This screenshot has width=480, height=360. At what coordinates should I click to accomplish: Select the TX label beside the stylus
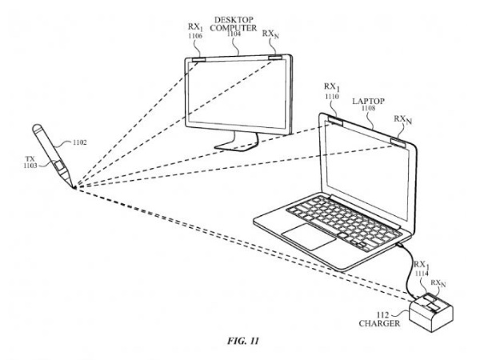point(31,159)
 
